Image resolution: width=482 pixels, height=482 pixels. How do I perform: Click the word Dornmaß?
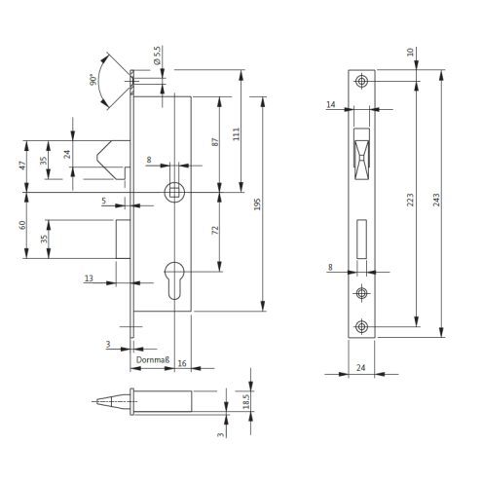153,359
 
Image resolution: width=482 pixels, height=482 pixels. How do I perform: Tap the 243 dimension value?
436,200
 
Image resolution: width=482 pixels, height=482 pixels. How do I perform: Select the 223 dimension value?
410,200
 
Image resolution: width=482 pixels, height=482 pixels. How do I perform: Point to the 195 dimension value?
257,204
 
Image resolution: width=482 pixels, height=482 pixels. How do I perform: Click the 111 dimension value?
237,134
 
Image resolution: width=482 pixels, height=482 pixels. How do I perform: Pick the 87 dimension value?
215,142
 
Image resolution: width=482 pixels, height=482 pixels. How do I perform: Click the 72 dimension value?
215,230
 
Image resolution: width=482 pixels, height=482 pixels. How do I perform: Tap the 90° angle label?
93,80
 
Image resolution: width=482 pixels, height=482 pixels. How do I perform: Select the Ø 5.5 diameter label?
157,56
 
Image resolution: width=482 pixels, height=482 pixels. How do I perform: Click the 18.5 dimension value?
246,401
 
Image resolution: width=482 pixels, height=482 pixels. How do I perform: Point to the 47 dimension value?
22,166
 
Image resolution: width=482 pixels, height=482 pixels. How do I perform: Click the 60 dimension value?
22,225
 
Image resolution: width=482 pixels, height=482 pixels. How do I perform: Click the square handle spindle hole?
174,192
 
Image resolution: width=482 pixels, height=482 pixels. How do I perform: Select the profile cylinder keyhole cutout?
174,280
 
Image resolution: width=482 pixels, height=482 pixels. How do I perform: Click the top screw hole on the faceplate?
361,81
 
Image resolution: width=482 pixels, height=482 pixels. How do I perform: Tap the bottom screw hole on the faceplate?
361,326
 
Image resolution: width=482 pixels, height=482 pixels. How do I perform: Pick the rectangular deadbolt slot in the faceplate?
361,240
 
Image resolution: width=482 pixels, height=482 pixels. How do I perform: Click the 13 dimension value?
89,278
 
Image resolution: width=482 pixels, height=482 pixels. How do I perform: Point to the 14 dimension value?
330,104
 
